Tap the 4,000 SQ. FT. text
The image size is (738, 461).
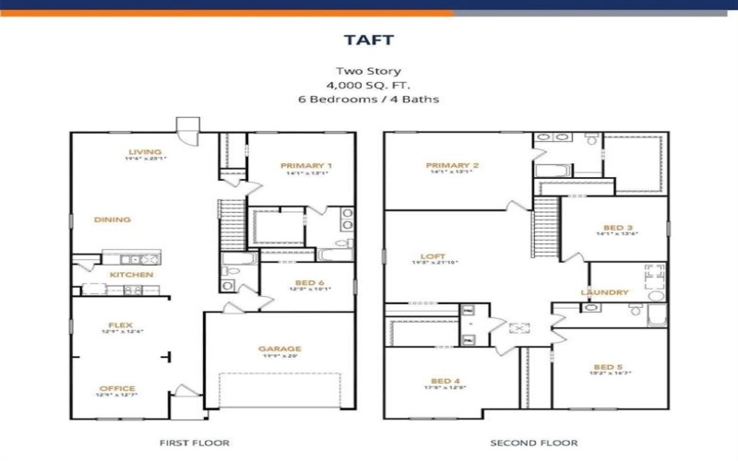[369, 85]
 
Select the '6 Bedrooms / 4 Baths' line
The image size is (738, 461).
[369, 99]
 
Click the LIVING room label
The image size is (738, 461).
[145, 152]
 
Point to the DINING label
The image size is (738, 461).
[113, 219]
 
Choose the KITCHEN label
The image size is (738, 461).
[131, 275]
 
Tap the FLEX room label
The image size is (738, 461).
[121, 325]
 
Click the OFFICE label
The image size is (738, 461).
[117, 388]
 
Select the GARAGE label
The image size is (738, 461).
[280, 349]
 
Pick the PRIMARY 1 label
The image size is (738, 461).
[306, 166]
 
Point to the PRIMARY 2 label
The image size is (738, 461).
[450, 166]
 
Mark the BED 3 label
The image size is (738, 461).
[618, 227]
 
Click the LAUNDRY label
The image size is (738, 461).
[604, 292]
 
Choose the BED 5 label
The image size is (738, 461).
[610, 366]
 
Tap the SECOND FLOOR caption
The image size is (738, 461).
[534, 443]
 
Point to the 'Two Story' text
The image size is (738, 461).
[369, 71]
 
